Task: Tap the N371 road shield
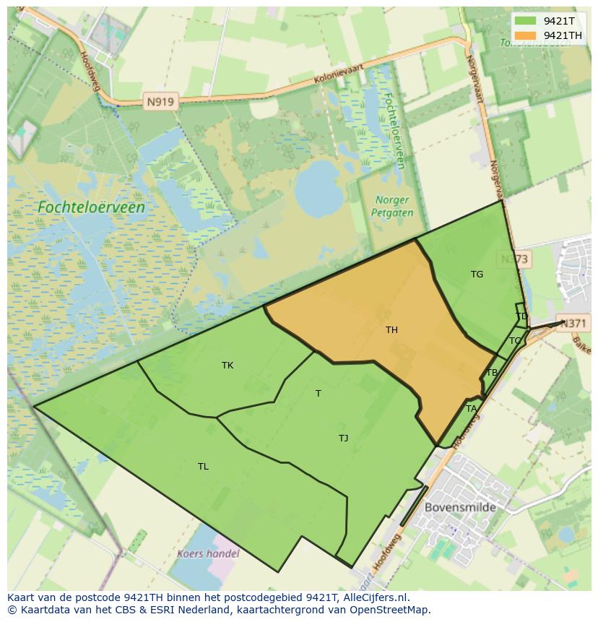[x=573, y=323]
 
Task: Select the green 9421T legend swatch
[x=526, y=22]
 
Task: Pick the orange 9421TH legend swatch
[x=526, y=35]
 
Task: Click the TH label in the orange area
[x=391, y=330]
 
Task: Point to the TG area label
[x=477, y=275]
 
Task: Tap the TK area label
[x=227, y=366]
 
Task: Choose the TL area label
[x=203, y=467]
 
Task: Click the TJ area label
[x=344, y=439]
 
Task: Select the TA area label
[x=472, y=409]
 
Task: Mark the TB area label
[x=492, y=373]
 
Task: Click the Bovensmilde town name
[x=460, y=507]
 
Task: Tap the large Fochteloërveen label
[x=92, y=207]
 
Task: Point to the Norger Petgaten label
[x=392, y=206]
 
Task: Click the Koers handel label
[x=208, y=554]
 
